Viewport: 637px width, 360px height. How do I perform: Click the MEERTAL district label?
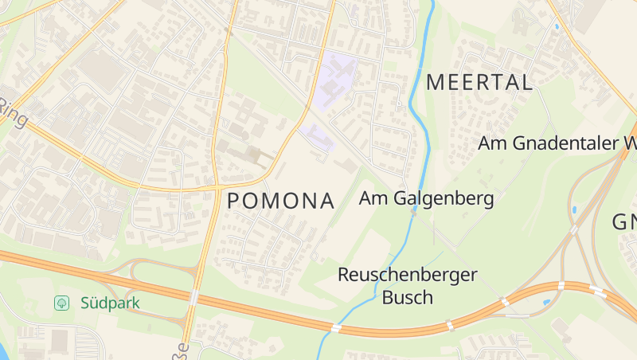pyautogui.click(x=479, y=81)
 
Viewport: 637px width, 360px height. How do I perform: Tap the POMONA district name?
pyautogui.click(x=281, y=201)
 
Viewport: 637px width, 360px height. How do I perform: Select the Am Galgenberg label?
pyautogui.click(x=427, y=198)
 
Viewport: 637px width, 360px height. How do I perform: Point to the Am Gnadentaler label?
pyautogui.click(x=557, y=144)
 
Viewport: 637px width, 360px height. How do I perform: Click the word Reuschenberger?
pyautogui.click(x=407, y=275)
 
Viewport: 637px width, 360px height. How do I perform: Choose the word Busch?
pyautogui.click(x=407, y=298)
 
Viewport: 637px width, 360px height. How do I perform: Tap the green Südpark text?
pyautogui.click(x=110, y=303)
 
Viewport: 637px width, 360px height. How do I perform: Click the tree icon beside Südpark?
pyautogui.click(x=61, y=303)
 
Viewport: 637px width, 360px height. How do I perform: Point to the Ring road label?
pyautogui.click(x=14, y=114)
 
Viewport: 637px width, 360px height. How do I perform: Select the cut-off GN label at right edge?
pyautogui.click(x=624, y=222)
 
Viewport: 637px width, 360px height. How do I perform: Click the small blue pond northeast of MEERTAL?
pyautogui.click(x=555, y=27)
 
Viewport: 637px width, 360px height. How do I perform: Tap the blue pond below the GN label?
pyautogui.click(x=573, y=210)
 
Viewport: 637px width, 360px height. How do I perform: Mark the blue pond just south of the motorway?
pyautogui.click(x=545, y=303)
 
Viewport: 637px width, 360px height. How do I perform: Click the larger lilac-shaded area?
pyautogui.click(x=338, y=76)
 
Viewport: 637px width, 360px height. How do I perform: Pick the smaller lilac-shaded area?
pyautogui.click(x=316, y=135)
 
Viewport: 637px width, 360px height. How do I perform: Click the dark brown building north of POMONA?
pyautogui.click(x=253, y=153)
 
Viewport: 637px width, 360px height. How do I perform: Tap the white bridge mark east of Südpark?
pyautogui.click(x=193, y=296)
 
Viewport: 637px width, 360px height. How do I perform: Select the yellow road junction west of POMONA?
pyautogui.click(x=217, y=187)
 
